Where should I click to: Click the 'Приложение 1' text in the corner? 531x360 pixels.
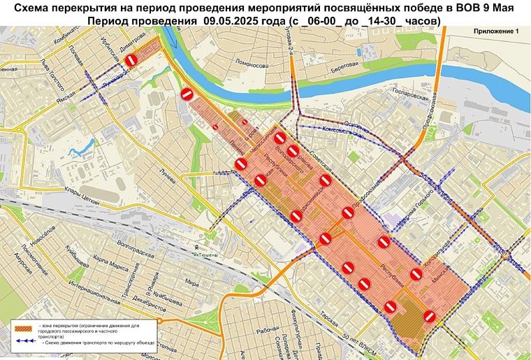[497, 32]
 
